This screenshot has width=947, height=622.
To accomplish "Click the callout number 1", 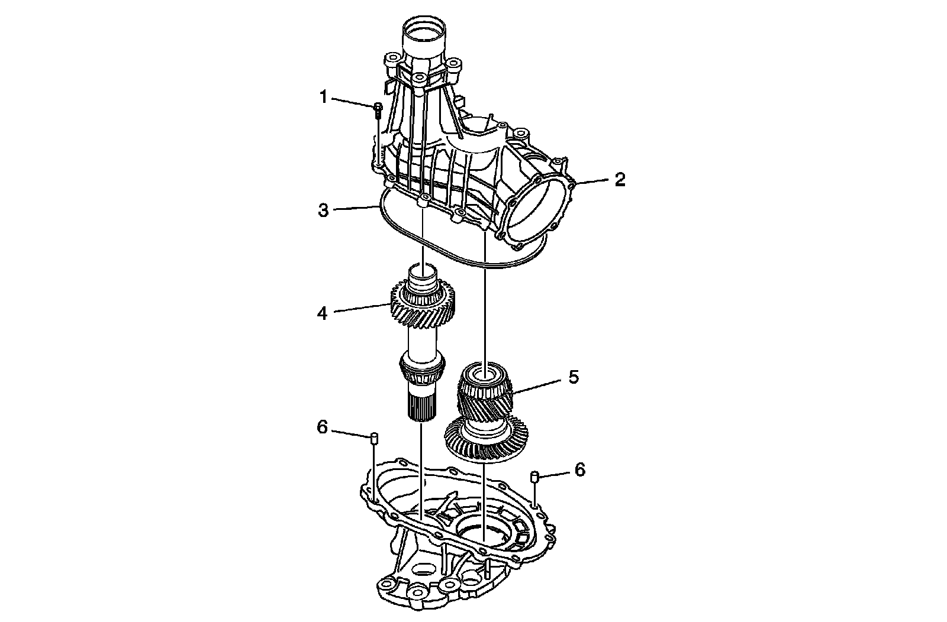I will [x=323, y=96].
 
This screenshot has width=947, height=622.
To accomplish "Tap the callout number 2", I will [x=619, y=180].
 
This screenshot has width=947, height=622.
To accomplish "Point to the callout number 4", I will [x=322, y=313].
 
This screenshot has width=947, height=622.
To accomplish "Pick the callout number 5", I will [x=573, y=377].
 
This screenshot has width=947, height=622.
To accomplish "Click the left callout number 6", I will [x=322, y=427].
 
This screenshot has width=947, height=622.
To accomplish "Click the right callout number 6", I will [x=579, y=469].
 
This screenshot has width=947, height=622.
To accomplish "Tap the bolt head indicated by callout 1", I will [x=377, y=107].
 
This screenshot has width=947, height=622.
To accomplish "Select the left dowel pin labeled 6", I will [x=373, y=438].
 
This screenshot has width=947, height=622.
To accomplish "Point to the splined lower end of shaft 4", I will [x=421, y=408].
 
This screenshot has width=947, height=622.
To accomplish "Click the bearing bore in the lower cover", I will [x=482, y=529].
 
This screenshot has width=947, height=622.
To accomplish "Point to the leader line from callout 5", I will [x=536, y=385].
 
